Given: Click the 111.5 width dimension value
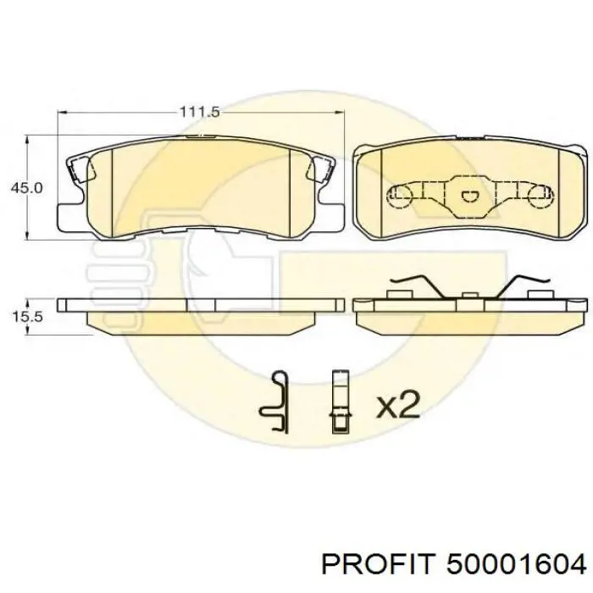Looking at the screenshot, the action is pos(199,112).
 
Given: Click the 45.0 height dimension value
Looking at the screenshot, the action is pos(27,187).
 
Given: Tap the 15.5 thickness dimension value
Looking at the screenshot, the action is pos(27,316).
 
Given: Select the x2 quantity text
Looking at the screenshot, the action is pos(398,404).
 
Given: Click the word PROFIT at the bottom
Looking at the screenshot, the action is pos(376,565).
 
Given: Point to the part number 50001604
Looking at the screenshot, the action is pos(516,565).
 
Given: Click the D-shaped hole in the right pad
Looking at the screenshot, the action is pos(469,196).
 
